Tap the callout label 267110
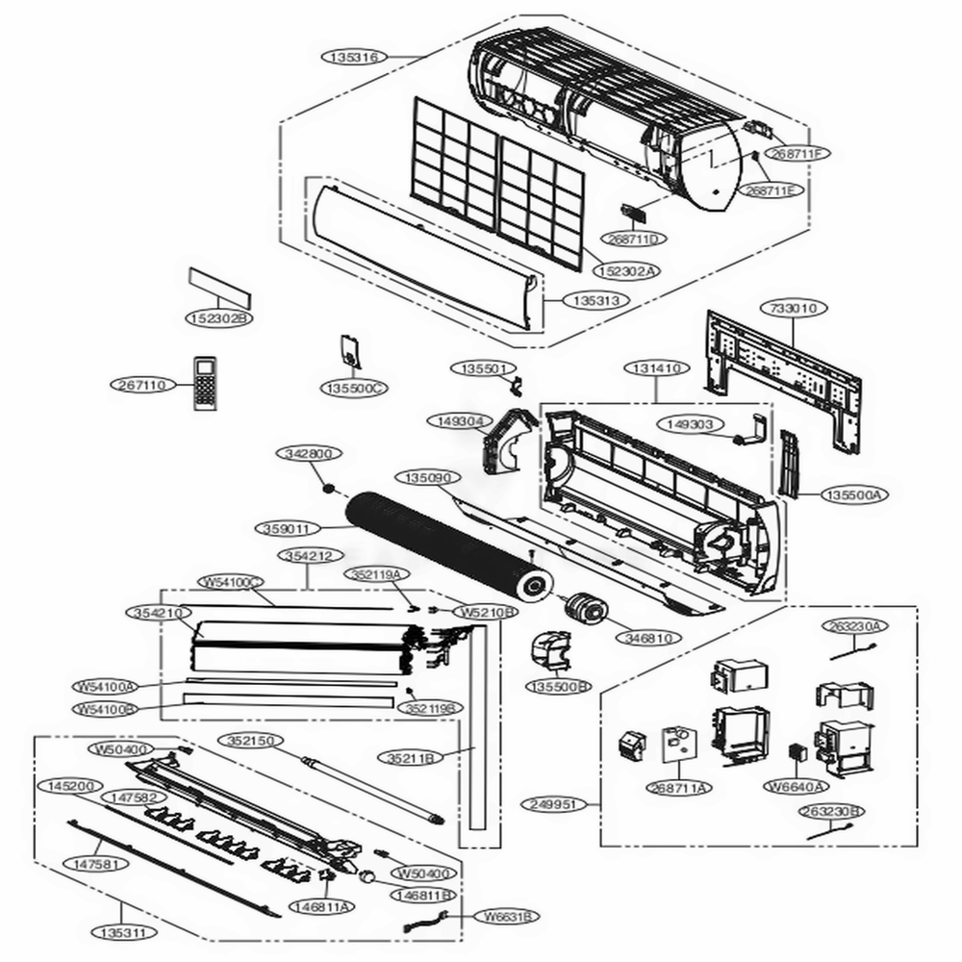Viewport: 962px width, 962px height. click(139, 385)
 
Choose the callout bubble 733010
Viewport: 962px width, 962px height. click(794, 309)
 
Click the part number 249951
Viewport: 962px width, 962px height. click(557, 803)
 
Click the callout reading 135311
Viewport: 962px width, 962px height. click(123, 932)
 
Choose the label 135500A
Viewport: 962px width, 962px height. click(855, 494)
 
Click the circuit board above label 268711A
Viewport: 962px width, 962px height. click(677, 745)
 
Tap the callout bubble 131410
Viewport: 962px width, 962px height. click(657, 368)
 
